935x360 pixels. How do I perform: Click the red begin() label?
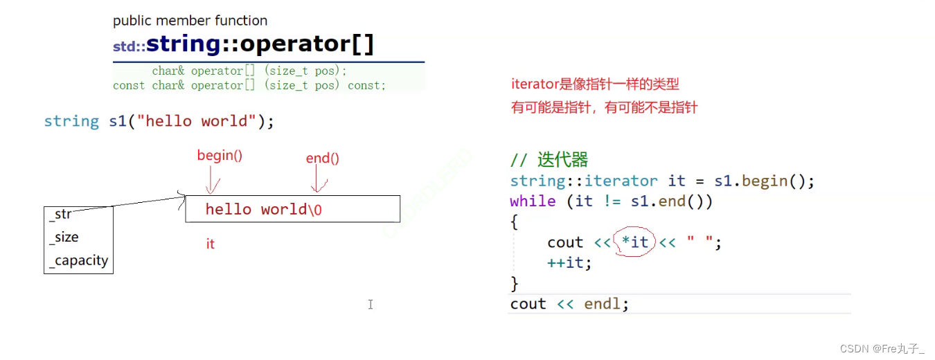click(220, 156)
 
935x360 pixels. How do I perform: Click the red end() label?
click(322, 159)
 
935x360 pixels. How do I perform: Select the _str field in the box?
click(60, 214)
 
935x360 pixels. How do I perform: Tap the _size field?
click(64, 237)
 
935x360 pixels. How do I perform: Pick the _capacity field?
click(78, 261)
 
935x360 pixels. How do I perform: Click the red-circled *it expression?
click(635, 242)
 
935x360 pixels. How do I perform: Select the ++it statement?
click(569, 262)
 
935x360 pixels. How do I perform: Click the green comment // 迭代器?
click(549, 160)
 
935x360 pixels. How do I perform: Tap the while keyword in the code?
click(533, 201)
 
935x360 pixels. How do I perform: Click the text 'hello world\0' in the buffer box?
click(264, 209)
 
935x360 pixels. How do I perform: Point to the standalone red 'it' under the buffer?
click(211, 244)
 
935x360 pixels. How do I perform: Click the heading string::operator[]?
click(260, 44)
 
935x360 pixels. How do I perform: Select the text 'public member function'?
click(190, 21)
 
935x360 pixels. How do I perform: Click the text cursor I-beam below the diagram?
click(371, 304)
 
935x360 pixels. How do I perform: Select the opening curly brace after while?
click(514, 222)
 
